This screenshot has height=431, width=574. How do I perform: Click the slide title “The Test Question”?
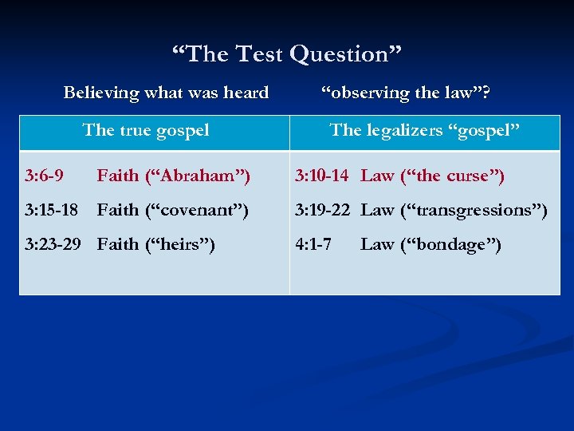click(x=287, y=54)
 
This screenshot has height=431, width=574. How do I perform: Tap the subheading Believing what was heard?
click(x=166, y=93)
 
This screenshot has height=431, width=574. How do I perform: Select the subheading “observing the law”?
click(x=406, y=93)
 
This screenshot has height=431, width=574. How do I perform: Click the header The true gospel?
click(x=146, y=129)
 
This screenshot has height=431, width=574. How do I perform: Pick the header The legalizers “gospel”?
click(x=425, y=129)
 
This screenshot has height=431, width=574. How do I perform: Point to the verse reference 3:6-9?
click(x=45, y=175)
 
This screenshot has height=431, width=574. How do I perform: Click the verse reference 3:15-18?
click(x=51, y=210)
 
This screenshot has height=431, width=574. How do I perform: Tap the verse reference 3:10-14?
click(x=321, y=175)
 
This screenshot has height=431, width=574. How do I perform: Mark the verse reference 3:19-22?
click(x=322, y=210)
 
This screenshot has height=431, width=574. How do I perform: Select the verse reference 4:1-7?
click(x=313, y=244)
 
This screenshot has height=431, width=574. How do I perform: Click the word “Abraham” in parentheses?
click(x=199, y=175)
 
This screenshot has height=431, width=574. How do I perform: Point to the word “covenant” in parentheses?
click(x=199, y=210)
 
